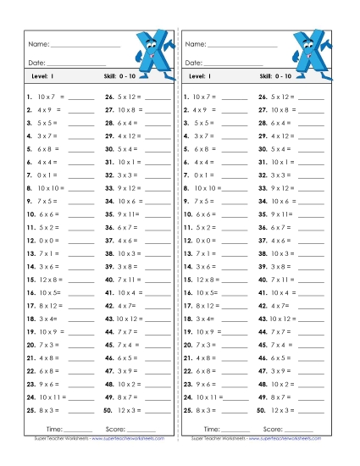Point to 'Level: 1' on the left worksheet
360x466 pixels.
(x=42, y=77)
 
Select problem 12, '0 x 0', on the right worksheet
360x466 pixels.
(x=200, y=240)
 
